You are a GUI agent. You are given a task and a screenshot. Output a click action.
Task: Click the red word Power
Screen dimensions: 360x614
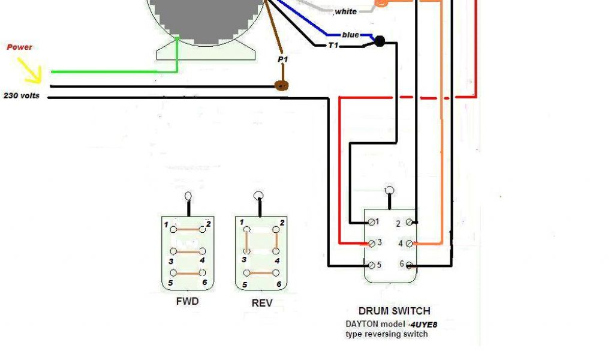click(x=19, y=47)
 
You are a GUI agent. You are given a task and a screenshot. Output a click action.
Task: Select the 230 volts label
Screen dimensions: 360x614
click(x=22, y=95)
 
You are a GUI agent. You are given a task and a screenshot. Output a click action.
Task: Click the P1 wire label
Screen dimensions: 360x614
click(x=282, y=60)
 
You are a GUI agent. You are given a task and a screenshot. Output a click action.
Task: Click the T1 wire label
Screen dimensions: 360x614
click(x=333, y=45)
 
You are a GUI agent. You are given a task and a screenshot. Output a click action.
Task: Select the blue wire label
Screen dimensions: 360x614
click(x=350, y=35)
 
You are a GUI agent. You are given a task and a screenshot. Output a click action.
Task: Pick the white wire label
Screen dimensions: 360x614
click(x=345, y=11)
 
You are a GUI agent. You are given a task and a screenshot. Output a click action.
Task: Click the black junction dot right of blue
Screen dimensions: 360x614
click(x=379, y=41)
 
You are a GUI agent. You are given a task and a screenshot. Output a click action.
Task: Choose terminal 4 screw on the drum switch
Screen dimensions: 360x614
click(x=409, y=243)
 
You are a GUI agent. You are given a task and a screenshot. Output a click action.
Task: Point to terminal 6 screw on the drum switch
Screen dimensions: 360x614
click(x=409, y=265)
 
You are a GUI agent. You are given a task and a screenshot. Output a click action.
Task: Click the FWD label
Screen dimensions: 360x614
click(x=188, y=301)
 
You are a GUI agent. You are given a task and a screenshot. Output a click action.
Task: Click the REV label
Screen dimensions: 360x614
click(x=262, y=303)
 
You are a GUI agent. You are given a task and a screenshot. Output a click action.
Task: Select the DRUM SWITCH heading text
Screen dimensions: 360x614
click(x=394, y=311)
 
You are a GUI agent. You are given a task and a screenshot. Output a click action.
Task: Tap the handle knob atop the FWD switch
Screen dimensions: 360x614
click(x=189, y=196)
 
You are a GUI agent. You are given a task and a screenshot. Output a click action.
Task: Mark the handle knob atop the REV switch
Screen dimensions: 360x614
click(x=258, y=195)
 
